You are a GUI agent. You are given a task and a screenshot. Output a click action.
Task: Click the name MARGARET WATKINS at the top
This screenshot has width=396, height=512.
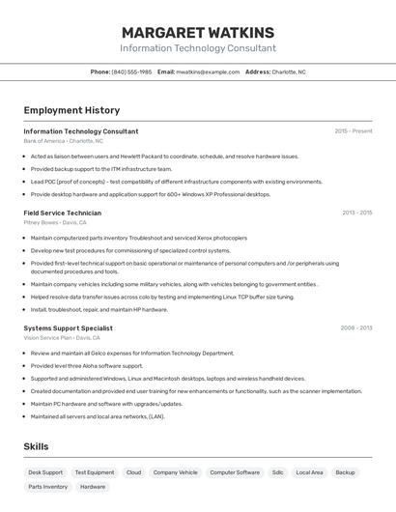click(197, 32)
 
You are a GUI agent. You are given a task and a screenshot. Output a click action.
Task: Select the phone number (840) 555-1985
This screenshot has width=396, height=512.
click(131, 71)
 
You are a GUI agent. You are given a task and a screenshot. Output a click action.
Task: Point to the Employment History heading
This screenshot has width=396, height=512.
click(71, 110)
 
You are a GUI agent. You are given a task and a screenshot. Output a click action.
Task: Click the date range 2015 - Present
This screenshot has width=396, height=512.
click(353, 130)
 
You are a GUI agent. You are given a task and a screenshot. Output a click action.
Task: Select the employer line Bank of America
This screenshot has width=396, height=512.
click(63, 141)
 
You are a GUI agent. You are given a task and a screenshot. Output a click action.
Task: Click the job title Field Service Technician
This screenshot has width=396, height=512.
click(62, 213)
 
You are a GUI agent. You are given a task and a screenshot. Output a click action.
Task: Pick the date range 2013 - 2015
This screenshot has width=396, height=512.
click(356, 213)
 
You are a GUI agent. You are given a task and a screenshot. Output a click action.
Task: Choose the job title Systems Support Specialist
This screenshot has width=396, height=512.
click(68, 327)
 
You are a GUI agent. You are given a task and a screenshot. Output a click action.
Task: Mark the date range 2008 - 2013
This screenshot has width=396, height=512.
click(355, 327)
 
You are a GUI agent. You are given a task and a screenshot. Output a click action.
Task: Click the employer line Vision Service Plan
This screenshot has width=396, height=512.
click(62, 338)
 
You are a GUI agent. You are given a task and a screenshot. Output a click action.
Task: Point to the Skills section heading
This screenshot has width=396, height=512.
click(36, 446)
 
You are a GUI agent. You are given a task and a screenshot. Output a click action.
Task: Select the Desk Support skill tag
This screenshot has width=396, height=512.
click(45, 472)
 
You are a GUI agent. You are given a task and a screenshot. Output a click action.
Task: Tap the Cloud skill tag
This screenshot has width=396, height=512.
click(133, 472)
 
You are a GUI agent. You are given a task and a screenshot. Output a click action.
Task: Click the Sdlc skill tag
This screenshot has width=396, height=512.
click(278, 472)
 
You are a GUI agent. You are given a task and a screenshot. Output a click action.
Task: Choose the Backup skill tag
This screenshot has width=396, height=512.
click(345, 472)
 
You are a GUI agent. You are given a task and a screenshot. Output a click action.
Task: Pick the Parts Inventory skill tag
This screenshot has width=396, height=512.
click(48, 487)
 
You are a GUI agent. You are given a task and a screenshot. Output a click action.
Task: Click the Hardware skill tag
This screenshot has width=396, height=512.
click(93, 487)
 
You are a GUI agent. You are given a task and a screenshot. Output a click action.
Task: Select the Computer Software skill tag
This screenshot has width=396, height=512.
click(235, 472)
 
